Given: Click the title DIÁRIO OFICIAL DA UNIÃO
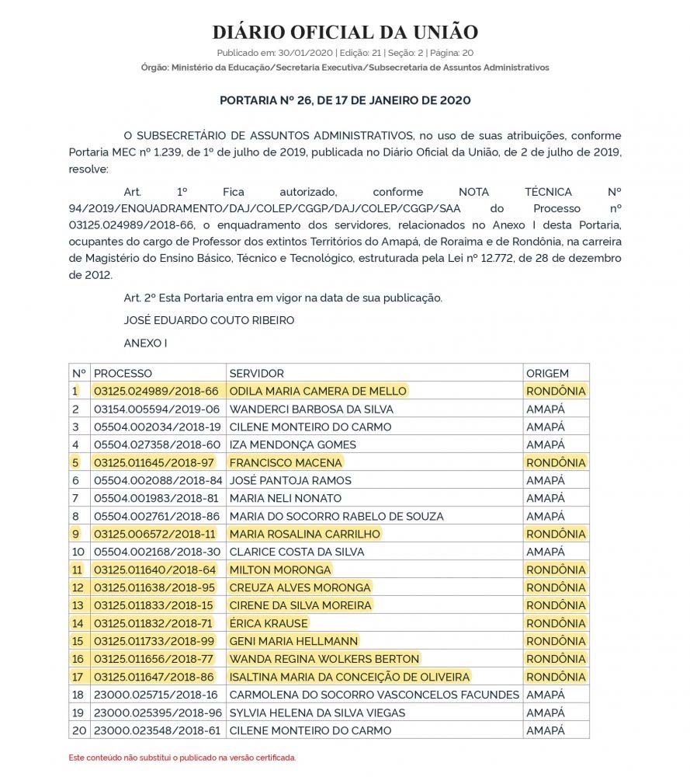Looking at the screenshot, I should tap(345, 32).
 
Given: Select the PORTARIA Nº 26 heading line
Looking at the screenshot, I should tap(345, 101).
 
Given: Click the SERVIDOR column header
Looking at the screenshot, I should tap(257, 374).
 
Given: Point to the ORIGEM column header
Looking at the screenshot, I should tap(547, 374).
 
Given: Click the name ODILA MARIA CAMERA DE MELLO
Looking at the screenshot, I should tap(317, 392).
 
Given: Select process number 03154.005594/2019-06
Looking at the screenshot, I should tap(157, 409).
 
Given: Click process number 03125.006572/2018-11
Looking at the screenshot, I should tap(155, 535).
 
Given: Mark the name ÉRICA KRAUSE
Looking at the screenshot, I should tap(269, 623).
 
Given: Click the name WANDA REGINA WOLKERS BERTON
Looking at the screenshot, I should tap(324, 659).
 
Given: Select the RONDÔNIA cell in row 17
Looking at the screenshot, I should tap(556, 677).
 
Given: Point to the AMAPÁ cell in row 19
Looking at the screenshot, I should tap(546, 713).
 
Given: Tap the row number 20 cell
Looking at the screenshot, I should tap(78, 730).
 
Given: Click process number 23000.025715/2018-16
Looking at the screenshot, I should tap(156, 695).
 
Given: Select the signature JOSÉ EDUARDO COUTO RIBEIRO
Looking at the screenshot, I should tap(209, 320).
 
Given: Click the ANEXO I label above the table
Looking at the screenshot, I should tap(145, 343).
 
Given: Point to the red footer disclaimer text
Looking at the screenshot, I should tap(182, 758).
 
